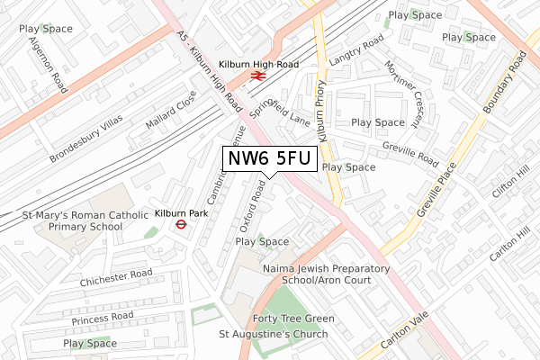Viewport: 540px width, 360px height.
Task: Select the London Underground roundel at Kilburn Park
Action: click(181, 226)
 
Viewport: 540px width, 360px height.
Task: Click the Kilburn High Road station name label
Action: click(257, 65)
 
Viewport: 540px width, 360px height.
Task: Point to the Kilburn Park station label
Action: click(181, 213)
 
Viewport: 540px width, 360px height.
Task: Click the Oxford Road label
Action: click(250, 204)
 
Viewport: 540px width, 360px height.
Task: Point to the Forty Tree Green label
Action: click(293, 319)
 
